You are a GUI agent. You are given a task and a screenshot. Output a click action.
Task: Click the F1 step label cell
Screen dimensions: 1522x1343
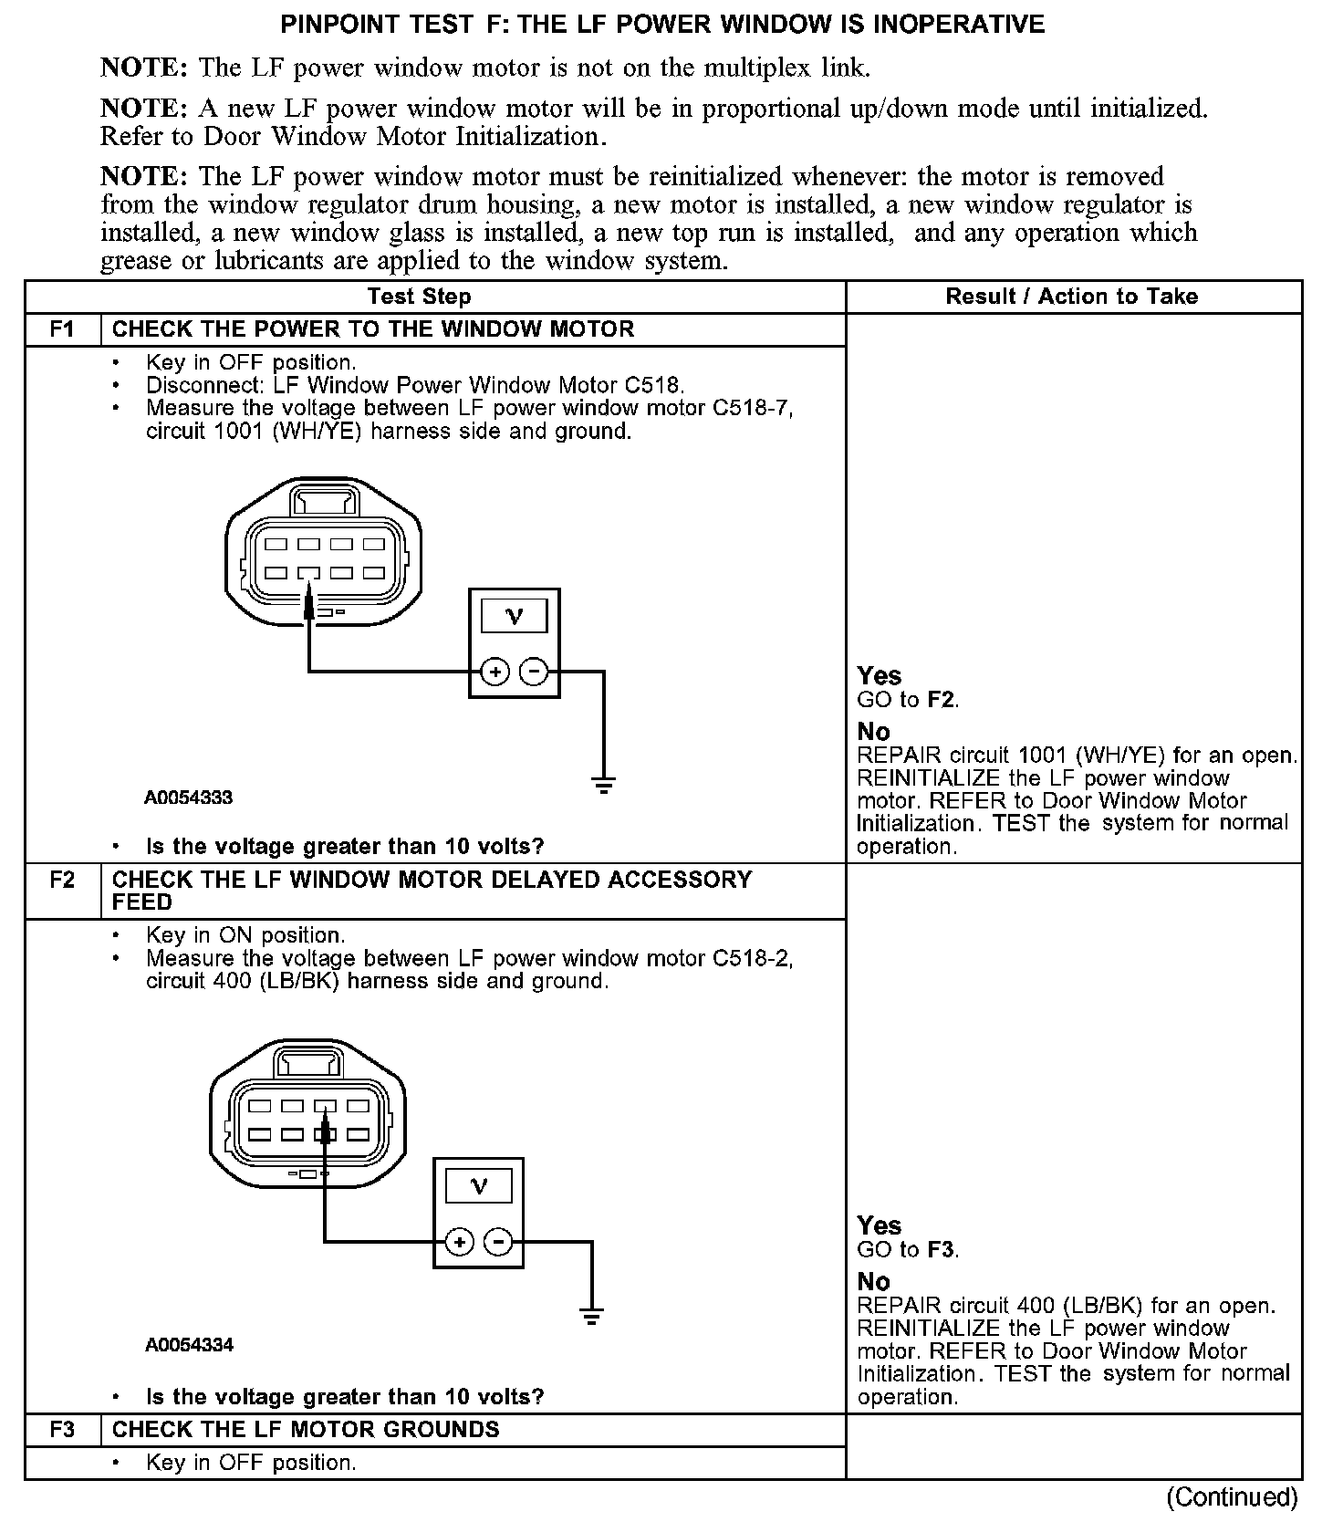(x=62, y=329)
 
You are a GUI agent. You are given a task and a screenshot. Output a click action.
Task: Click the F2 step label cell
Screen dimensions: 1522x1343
(x=62, y=881)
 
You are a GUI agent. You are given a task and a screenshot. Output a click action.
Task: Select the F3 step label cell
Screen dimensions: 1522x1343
(x=62, y=1430)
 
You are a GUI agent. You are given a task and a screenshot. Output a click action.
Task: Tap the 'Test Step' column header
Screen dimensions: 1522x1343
(x=419, y=297)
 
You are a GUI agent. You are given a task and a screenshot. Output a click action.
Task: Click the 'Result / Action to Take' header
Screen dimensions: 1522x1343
(x=1072, y=297)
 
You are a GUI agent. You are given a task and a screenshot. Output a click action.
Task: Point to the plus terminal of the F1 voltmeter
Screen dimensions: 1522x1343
(x=495, y=672)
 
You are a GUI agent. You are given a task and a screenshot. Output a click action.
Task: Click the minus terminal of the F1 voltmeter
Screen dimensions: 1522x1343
(x=534, y=672)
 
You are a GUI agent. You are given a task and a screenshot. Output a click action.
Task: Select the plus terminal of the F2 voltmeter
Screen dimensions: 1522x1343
(x=460, y=1242)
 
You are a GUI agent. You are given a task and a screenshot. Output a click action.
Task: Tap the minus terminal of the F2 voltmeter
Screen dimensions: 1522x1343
(x=497, y=1242)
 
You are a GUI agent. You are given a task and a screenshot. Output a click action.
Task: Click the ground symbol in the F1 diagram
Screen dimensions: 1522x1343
(x=603, y=784)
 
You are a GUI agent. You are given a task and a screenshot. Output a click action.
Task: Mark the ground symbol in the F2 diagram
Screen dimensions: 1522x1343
(x=591, y=1316)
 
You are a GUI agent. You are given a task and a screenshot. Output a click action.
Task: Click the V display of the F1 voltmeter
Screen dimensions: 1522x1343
(x=515, y=617)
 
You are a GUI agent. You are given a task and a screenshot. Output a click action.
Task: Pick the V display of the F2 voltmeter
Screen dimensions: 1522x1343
(x=478, y=1186)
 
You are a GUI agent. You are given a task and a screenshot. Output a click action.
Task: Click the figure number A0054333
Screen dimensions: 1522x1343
(x=188, y=797)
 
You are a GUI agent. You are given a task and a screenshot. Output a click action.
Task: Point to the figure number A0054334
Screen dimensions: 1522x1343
(x=188, y=1345)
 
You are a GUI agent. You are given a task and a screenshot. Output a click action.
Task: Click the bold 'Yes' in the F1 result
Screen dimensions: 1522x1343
(x=880, y=676)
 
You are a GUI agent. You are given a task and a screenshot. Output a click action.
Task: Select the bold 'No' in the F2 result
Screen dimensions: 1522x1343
(x=873, y=1281)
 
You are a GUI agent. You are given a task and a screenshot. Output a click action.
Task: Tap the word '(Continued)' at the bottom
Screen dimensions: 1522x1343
(x=1232, y=1497)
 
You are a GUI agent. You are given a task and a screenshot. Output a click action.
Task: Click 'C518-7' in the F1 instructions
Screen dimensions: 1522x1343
(x=752, y=408)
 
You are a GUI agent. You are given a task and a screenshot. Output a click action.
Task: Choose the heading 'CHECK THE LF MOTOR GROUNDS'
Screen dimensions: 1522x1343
(x=306, y=1430)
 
